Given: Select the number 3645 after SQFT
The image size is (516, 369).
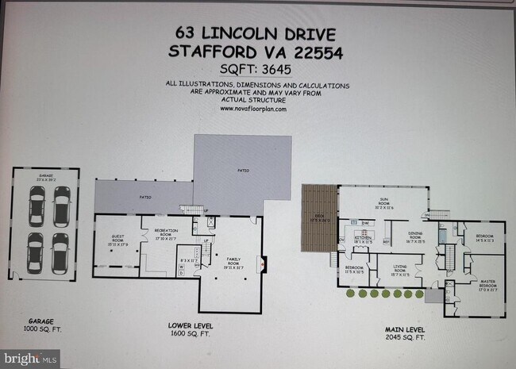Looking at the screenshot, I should [272, 69].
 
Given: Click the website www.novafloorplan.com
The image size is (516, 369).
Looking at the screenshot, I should [254, 109].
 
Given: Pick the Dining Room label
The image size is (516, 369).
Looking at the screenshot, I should [415, 236].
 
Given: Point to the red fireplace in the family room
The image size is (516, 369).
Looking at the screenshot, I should [265, 264].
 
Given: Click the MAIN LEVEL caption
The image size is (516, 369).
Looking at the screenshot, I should [403, 329].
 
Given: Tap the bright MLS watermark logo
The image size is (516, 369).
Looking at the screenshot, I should [21, 359].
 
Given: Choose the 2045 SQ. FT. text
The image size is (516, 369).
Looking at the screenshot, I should [403, 338].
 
